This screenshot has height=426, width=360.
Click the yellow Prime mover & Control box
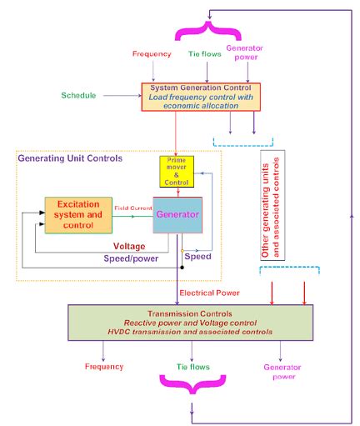click(x=177, y=171)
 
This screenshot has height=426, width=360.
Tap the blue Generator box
click(x=177, y=215)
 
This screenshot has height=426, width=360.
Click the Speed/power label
click(x=132, y=259)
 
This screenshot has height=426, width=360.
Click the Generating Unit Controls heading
click(x=70, y=158)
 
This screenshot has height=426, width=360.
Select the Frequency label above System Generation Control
click(x=152, y=54)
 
